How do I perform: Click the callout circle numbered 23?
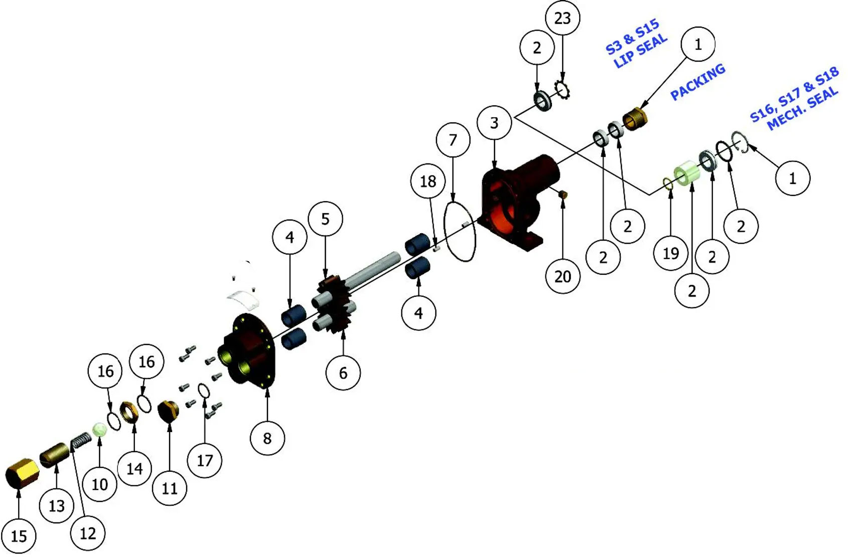562,18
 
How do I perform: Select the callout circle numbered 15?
19,536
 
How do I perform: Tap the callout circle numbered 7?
453,140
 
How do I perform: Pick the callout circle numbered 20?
563,276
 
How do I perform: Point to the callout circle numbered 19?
671,253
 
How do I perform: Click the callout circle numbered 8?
267,438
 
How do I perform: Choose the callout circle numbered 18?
428,181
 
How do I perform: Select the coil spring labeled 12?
81,441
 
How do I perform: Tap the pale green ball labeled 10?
99,430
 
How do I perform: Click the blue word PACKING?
698,82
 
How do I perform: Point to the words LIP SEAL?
641,51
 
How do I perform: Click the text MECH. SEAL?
803,108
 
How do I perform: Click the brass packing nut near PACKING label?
635,119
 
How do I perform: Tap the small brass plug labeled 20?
563,195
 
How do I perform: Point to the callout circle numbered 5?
326,219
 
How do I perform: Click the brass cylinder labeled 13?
55,455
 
